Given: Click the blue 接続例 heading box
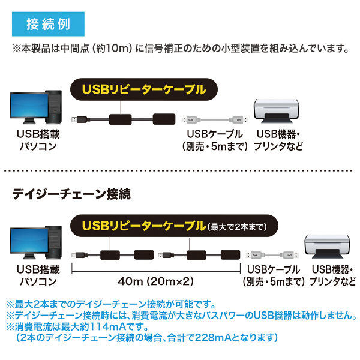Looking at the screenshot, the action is [x=48, y=24].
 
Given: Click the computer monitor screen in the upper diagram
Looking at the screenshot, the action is [x=29, y=105].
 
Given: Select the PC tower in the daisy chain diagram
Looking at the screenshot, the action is [x=54, y=242].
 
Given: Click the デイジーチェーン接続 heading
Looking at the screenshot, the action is [x=71, y=194].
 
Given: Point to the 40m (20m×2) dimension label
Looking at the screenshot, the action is [x=156, y=281].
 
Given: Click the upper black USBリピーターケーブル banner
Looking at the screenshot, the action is [x=144, y=89].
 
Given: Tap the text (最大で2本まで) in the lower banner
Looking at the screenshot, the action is [x=237, y=227].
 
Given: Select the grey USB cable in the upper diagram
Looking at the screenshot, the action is [x=215, y=119].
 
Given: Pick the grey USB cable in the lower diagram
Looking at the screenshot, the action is [x=272, y=255].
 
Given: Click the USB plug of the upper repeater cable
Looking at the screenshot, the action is [x=77, y=119].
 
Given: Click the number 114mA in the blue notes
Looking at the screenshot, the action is [x=107, y=326].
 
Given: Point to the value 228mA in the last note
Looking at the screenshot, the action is [x=213, y=337].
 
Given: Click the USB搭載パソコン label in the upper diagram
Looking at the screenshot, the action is [x=38, y=140].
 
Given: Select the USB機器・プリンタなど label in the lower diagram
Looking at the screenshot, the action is [x=332, y=275].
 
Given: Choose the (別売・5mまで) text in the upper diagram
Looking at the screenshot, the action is [x=215, y=146].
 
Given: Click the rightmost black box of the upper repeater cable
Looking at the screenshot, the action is [x=164, y=119].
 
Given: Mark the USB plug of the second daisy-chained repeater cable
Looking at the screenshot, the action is [x=164, y=255].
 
